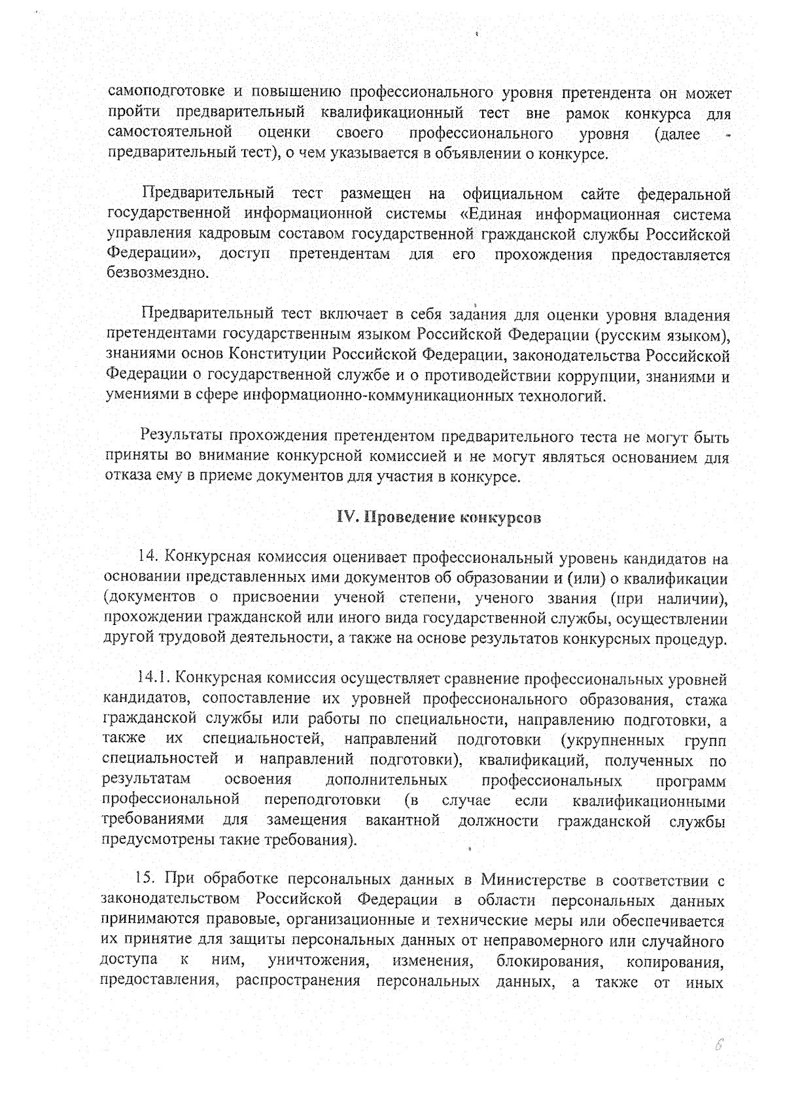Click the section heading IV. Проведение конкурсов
[x=438, y=518]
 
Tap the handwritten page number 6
[x=718, y=1045]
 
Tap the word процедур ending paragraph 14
[x=694, y=639]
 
